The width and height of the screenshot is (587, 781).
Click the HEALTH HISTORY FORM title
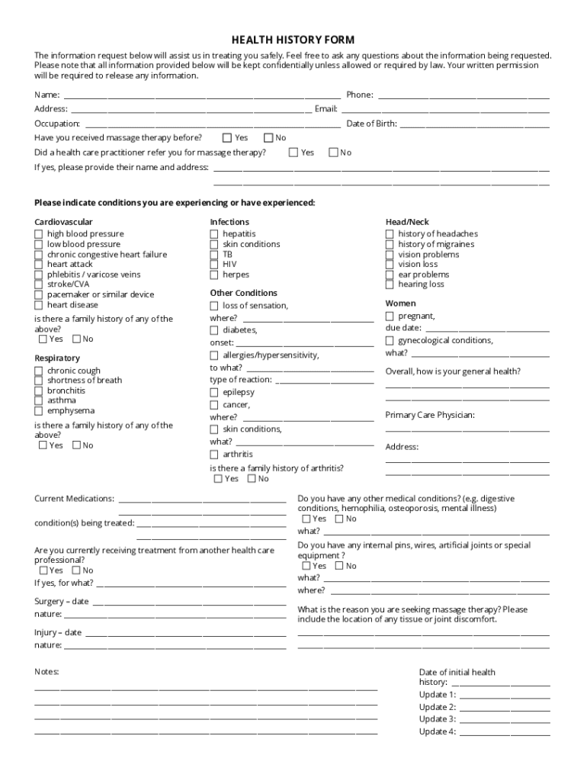[293, 40]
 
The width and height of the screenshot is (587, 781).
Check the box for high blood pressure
[39, 234]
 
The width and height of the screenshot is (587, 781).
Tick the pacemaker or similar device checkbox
[39, 294]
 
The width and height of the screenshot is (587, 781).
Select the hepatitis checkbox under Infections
[214, 234]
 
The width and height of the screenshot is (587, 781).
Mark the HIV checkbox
[214, 265]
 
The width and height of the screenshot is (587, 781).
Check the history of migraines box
[390, 244]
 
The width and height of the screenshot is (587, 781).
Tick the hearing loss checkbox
[390, 284]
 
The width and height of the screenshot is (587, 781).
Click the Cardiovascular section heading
[64, 222]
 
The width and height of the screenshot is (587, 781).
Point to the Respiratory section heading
[57, 358]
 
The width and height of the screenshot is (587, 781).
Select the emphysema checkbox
[39, 410]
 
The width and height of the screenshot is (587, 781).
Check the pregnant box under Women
[390, 316]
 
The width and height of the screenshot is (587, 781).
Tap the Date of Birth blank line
[474, 124]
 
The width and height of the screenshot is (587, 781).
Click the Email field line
[444, 110]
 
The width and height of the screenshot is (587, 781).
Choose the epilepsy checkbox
[214, 392]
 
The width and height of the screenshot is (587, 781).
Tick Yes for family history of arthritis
[218, 479]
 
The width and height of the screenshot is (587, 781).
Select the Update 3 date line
[505, 720]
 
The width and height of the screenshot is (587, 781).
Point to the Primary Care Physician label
[430, 415]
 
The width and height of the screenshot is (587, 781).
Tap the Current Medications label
[75, 499]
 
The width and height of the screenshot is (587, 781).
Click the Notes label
[47, 672]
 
